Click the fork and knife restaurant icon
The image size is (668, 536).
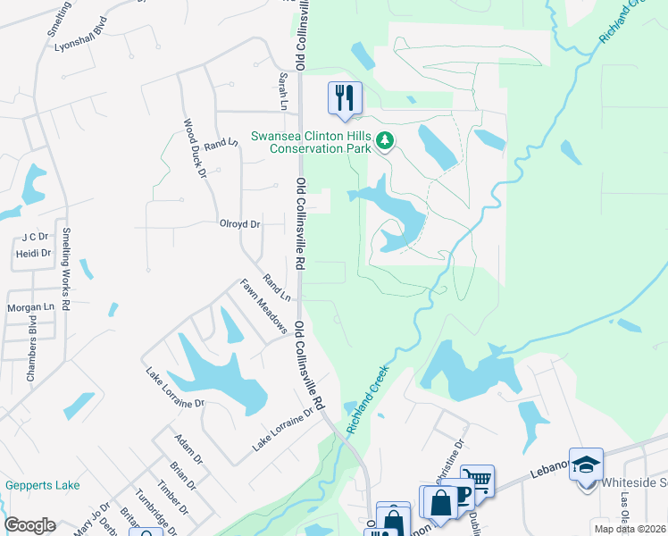pyautogui.click(x=345, y=96)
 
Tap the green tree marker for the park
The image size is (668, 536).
pyautogui.click(x=385, y=140)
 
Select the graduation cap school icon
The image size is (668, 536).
pyautogui.click(x=586, y=465)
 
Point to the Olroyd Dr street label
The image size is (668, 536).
pyautogui.click(x=239, y=224)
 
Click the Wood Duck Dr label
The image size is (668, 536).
pyautogui.click(x=195, y=147)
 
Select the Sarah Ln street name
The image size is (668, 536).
pyautogui.click(x=283, y=92)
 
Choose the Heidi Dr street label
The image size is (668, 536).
pyautogui.click(x=34, y=254)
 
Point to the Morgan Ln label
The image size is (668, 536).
pyautogui.click(x=31, y=307)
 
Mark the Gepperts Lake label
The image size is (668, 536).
pyautogui.click(x=42, y=486)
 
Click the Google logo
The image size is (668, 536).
pyautogui.click(x=30, y=525)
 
